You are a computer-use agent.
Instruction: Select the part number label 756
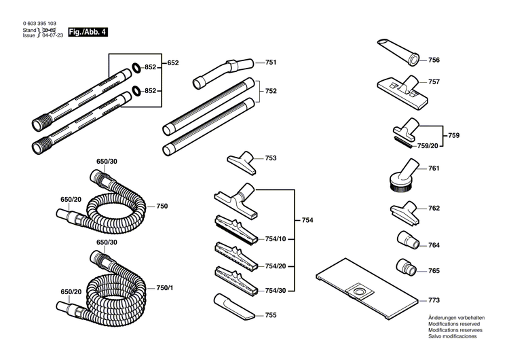tap(434, 60)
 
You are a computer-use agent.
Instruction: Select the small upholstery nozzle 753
tap(242, 162)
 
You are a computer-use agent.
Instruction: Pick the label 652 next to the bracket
tap(173, 62)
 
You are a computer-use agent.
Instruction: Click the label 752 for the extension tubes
tap(270, 91)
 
